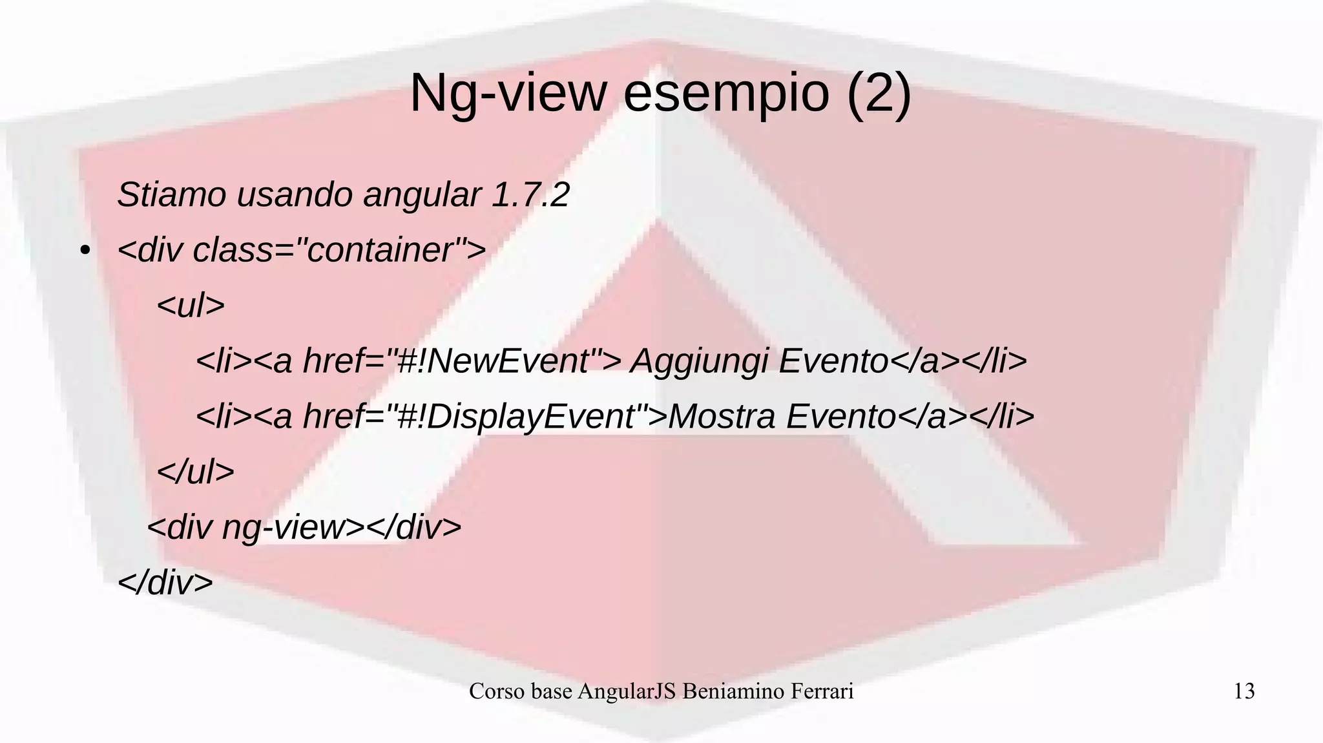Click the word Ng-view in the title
pyautogui.click(x=508, y=94)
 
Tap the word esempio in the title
pyautogui.click(x=726, y=94)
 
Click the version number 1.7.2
pyautogui.click(x=530, y=194)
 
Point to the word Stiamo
pyautogui.click(x=172, y=194)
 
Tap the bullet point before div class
pyautogui.click(x=84, y=251)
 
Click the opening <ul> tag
pyautogui.click(x=191, y=306)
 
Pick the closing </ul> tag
pyautogui.click(x=195, y=472)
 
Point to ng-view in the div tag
pyautogui.click(x=284, y=528)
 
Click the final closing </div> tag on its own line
pyautogui.click(x=165, y=583)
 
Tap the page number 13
pyautogui.click(x=1244, y=691)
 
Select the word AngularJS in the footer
pyautogui.click(x=627, y=691)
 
